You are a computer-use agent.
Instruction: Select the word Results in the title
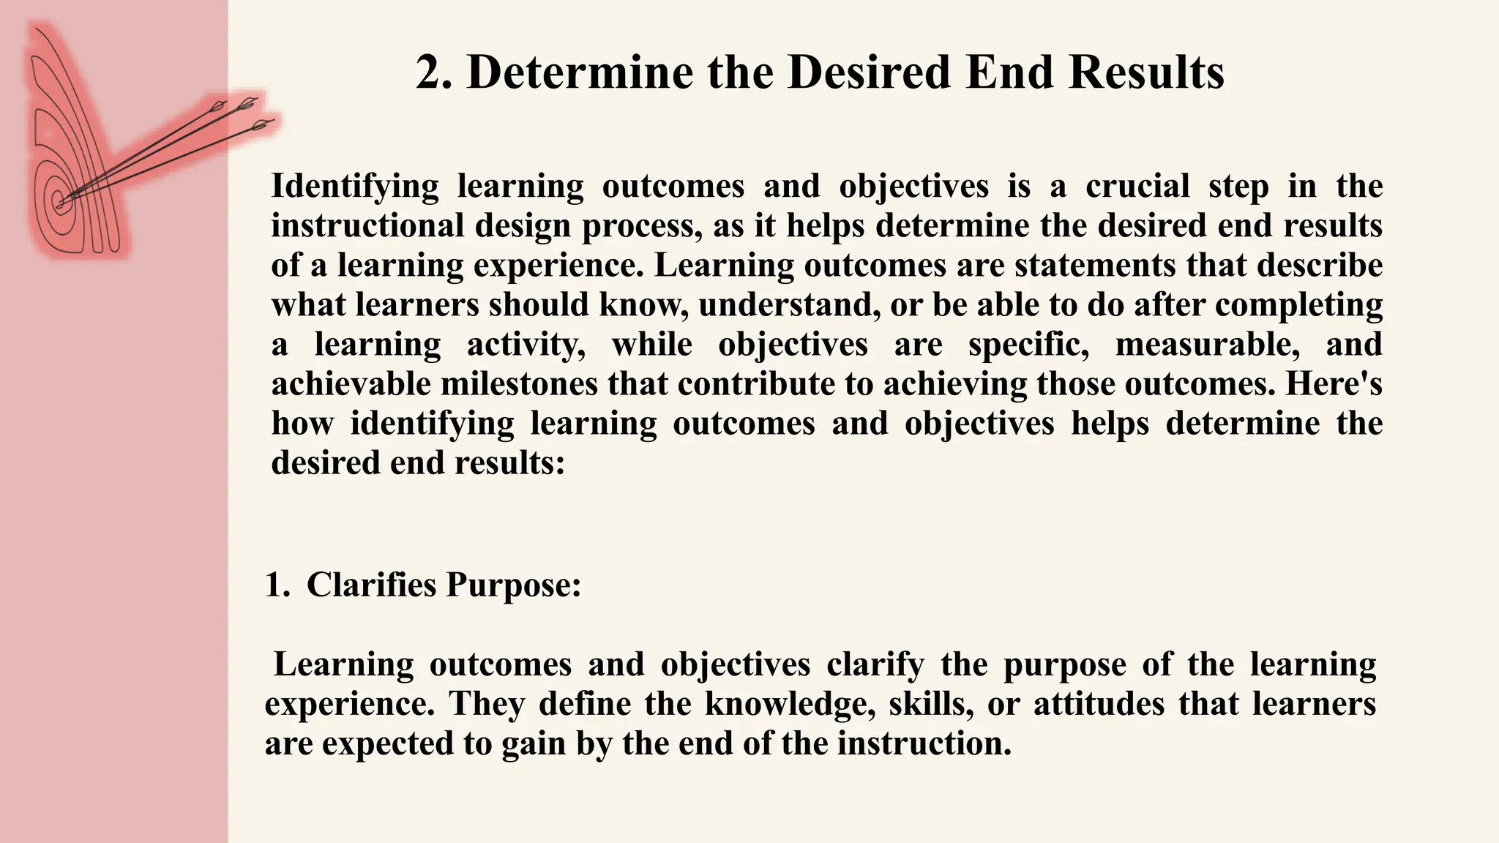click(1145, 73)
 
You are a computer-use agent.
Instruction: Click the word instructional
click(367, 225)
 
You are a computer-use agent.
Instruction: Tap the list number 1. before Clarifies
click(277, 585)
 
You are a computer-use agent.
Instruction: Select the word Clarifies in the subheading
click(371, 585)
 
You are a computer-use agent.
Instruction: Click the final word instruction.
click(924, 743)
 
